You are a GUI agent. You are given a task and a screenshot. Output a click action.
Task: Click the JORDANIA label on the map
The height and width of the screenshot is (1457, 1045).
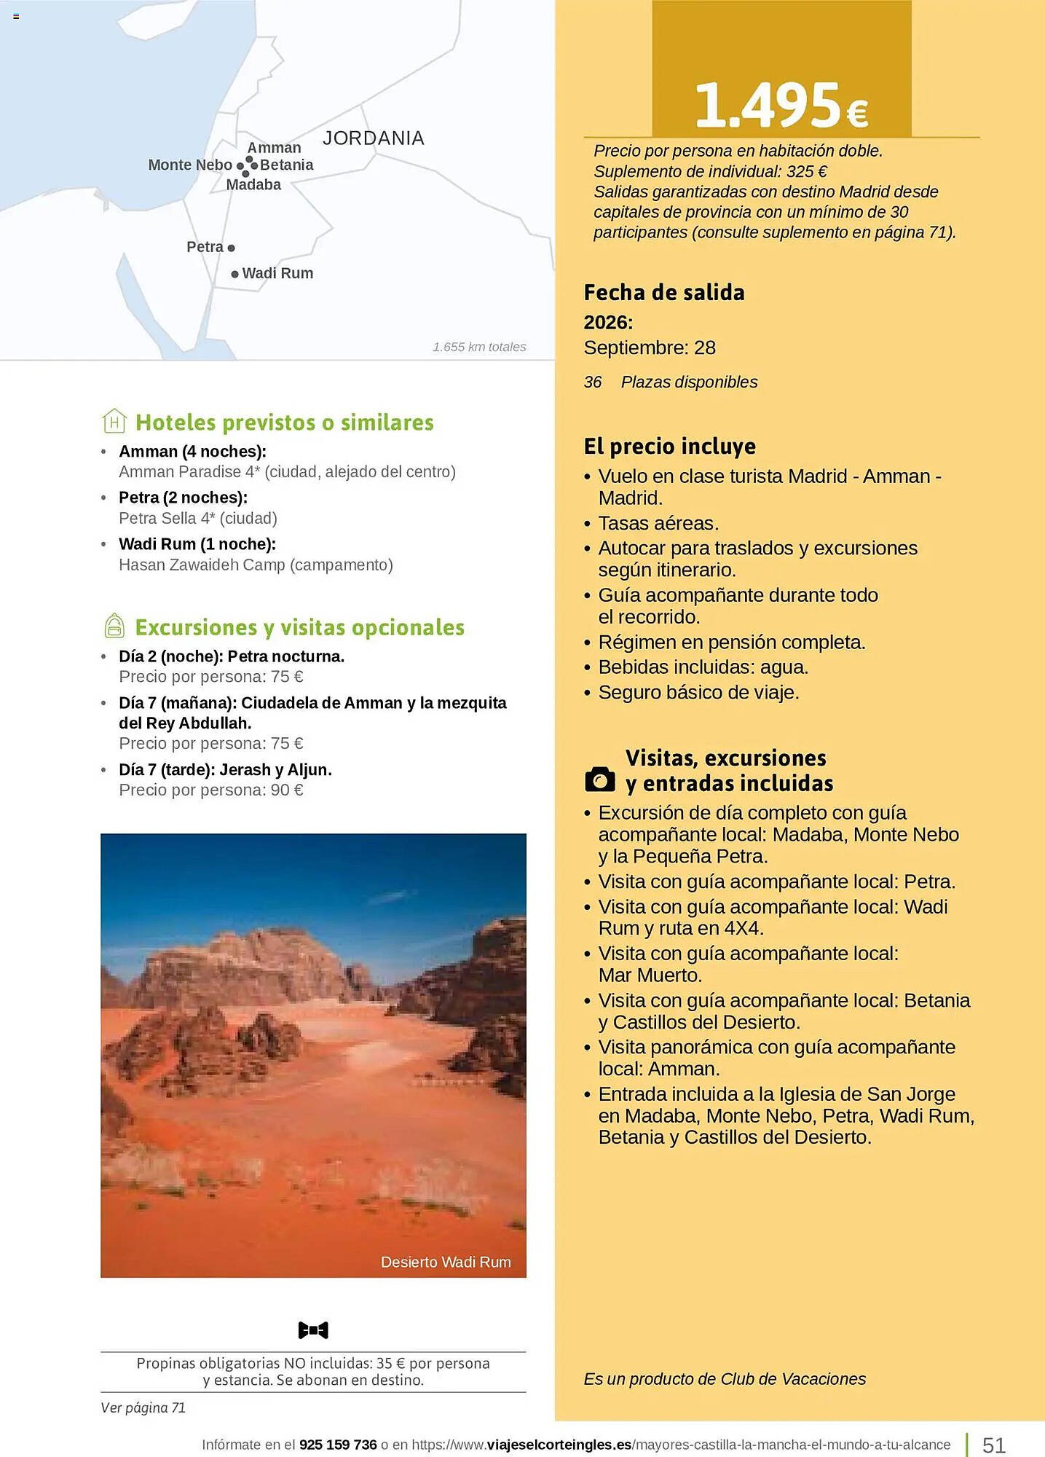pos(373,138)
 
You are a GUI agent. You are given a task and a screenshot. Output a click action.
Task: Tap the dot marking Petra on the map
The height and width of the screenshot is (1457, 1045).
pos(232,248)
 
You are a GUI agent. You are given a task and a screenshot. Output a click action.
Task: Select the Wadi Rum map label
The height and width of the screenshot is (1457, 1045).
pos(277,273)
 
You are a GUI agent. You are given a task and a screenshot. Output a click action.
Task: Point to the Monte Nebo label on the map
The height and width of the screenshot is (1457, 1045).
pos(190,165)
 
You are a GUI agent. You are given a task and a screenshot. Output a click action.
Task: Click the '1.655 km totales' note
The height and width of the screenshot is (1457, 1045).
pos(479,347)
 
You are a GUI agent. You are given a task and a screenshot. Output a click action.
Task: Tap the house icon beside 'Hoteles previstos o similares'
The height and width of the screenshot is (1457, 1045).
pos(114,422)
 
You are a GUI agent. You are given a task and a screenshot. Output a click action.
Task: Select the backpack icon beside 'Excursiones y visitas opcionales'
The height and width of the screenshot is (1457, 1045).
pos(114,626)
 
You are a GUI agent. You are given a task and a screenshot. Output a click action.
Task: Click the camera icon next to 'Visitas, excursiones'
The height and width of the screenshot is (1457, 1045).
pos(600,779)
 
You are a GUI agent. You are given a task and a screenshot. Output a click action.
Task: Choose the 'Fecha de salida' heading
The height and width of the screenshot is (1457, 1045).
pos(664,293)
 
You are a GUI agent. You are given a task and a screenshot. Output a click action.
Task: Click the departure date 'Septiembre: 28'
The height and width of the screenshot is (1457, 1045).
pos(650,347)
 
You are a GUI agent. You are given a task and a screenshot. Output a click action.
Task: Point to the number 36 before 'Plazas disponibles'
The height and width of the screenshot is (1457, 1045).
pos(593,382)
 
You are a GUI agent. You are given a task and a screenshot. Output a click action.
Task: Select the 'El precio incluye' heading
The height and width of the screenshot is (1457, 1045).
pos(670,446)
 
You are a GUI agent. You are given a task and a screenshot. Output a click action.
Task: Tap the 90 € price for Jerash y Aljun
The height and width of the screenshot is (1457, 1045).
pos(287,790)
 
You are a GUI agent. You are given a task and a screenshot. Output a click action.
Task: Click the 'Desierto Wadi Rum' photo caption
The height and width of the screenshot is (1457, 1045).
pos(446,1262)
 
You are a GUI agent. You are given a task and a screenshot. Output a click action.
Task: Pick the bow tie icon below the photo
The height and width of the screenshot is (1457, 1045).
pos(313,1330)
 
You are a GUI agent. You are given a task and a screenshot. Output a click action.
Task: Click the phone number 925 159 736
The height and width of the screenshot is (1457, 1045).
pos(338,1444)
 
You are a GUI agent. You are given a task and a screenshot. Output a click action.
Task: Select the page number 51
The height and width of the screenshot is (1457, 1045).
pos(994,1445)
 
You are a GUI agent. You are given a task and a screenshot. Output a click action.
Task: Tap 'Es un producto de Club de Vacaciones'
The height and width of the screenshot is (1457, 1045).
pos(725,1379)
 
